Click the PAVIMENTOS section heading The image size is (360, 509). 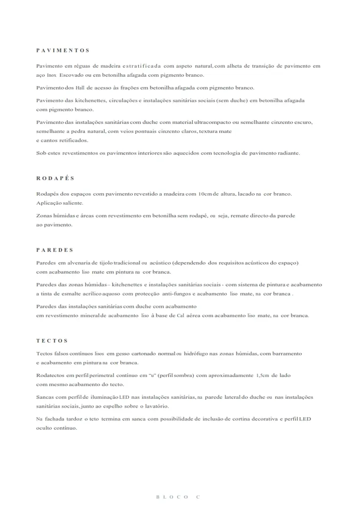coord(63,50)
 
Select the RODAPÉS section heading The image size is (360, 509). coord(55,179)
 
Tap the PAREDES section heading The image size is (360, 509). coord(55,250)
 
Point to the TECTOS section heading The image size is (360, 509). coord(52,340)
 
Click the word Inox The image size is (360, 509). coord(51,75)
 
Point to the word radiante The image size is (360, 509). coord(287,153)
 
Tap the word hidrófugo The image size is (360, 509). coord(197,353)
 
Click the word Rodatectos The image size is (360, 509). coord(51,376)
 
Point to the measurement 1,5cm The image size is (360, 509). coord(262,376)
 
